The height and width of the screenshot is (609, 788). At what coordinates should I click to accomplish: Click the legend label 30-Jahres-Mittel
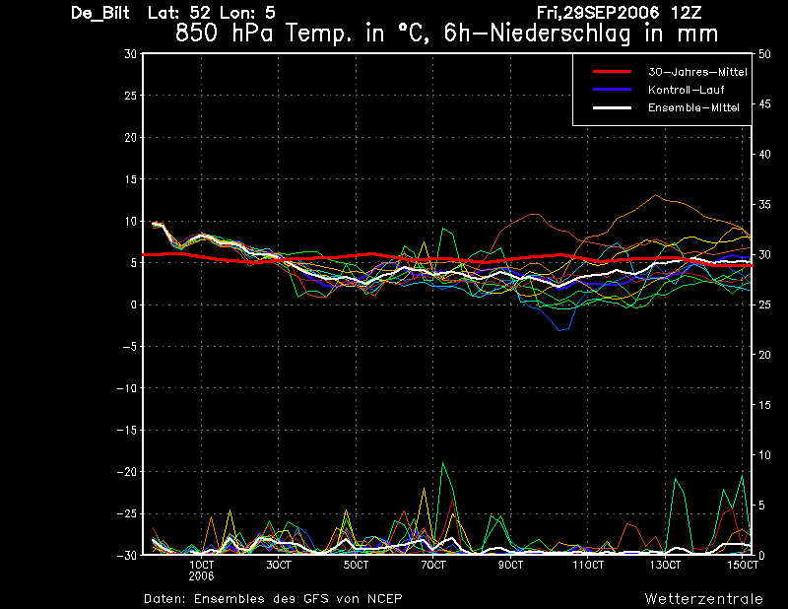click(x=697, y=72)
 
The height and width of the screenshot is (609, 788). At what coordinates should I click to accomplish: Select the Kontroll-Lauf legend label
click(x=686, y=90)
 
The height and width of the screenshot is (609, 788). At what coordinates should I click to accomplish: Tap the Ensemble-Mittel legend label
click(x=693, y=107)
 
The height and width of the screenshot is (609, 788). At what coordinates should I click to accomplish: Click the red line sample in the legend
click(x=612, y=72)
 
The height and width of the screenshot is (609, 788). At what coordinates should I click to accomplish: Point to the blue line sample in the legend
click(x=612, y=90)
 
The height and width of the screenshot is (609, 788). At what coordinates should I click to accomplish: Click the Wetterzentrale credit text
click(x=704, y=599)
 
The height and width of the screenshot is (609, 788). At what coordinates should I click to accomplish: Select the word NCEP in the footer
click(x=385, y=598)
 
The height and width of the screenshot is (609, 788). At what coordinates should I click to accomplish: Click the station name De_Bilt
click(x=100, y=13)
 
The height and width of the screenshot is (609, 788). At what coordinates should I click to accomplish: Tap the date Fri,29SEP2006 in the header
click(x=598, y=13)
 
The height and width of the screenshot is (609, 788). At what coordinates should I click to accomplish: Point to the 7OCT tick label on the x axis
click(x=433, y=566)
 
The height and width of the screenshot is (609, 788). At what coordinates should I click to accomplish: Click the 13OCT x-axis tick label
click(x=665, y=566)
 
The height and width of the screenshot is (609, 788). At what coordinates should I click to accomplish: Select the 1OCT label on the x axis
click(x=202, y=566)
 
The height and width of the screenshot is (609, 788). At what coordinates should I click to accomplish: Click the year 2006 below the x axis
click(x=202, y=576)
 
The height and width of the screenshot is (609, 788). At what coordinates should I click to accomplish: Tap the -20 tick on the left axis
click(x=127, y=472)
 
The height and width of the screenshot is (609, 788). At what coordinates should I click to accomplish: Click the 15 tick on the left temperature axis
click(x=130, y=179)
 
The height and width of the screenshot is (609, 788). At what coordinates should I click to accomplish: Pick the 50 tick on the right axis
click(x=764, y=54)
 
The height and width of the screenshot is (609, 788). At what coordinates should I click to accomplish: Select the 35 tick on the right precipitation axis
click(x=764, y=205)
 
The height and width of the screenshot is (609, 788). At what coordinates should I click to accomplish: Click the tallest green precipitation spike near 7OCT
click(x=442, y=462)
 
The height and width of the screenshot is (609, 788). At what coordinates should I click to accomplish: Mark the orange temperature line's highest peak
click(x=655, y=195)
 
